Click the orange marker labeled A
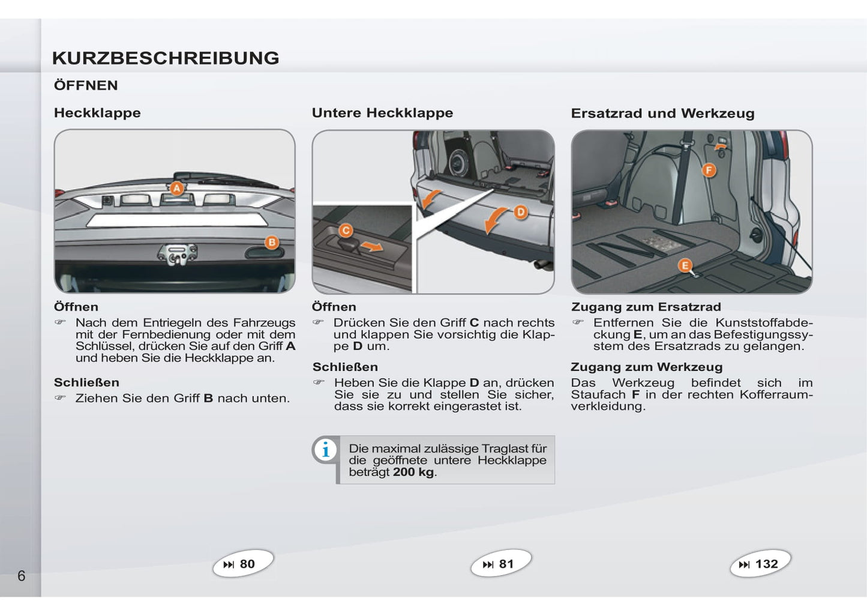[x=176, y=189]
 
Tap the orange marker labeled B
[x=272, y=243]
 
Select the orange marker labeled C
[x=346, y=231]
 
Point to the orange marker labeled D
[x=520, y=212]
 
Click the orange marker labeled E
[x=685, y=265]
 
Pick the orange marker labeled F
[x=709, y=171]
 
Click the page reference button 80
[x=242, y=564]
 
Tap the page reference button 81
[x=501, y=564]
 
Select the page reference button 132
[x=760, y=564]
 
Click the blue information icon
[x=326, y=450]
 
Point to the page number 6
[x=22, y=576]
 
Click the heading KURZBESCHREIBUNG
[x=166, y=58]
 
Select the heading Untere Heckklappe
[x=382, y=113]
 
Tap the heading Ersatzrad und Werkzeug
[x=662, y=113]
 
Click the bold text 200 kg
[x=413, y=472]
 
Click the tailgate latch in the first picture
[x=176, y=255]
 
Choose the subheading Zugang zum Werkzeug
[x=646, y=367]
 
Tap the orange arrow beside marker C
[x=373, y=246]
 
